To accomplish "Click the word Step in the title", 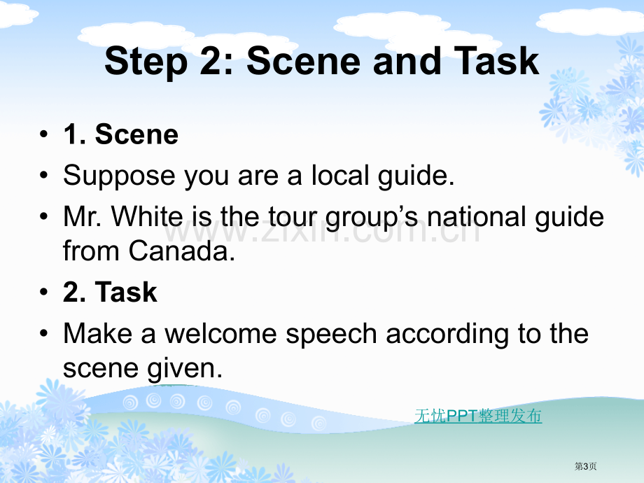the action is click(146, 62).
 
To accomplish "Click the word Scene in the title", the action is click(304, 61).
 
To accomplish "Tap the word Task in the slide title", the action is click(496, 61).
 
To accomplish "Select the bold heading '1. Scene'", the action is click(120, 134).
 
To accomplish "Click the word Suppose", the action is click(120, 176).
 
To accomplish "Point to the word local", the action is click(340, 175).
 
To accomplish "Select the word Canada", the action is click(181, 251).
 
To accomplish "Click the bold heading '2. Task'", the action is click(110, 292).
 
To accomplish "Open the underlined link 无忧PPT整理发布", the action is click(478, 416).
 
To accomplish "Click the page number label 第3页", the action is click(585, 466).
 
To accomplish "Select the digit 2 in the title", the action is click(212, 61).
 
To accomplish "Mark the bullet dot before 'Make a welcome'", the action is click(44, 333).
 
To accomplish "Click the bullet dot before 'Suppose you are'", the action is click(44, 176).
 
